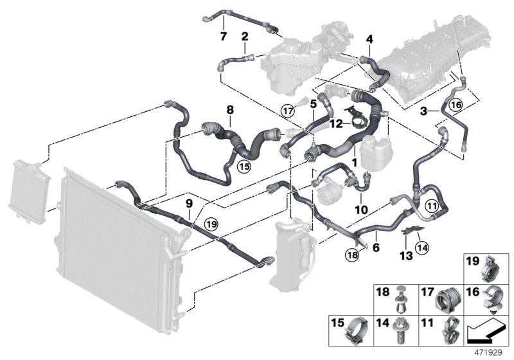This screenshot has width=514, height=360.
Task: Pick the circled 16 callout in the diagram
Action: pyautogui.click(x=456, y=105)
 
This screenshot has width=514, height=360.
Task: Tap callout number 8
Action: pyautogui.click(x=229, y=110)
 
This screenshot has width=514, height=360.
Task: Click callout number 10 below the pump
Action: pyautogui.click(x=360, y=210)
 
